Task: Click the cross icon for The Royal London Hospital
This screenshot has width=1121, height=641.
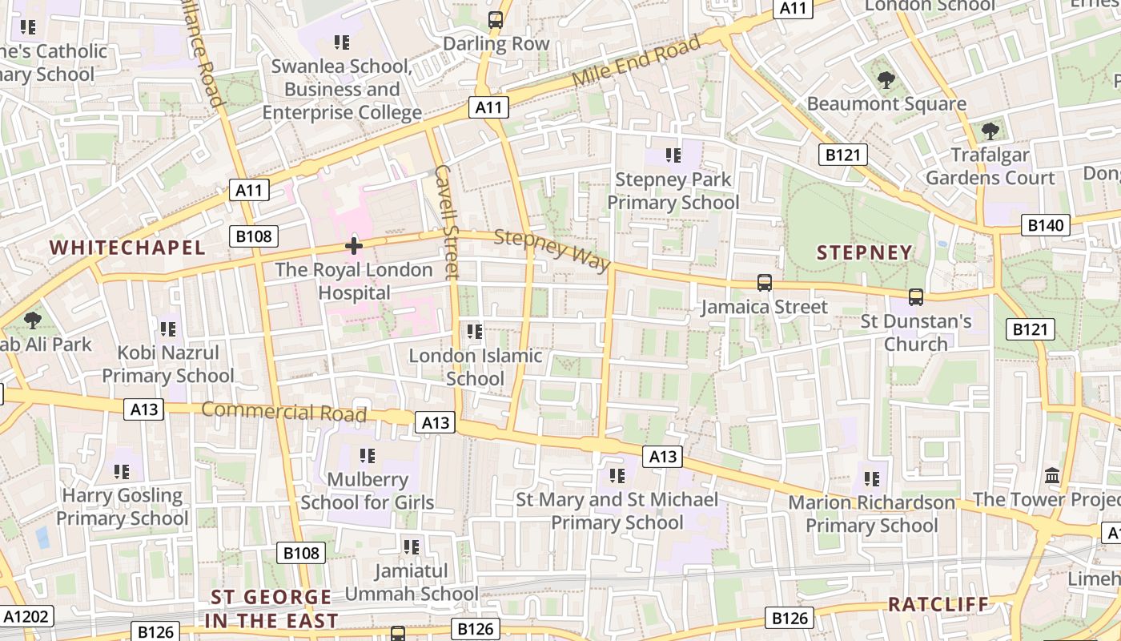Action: [x=353, y=245]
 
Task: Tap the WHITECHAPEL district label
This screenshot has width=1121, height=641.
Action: [x=128, y=248]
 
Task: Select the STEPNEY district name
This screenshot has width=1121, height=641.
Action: [x=864, y=253]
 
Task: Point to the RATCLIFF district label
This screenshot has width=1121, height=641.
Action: [x=938, y=604]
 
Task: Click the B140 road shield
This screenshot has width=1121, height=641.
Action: [x=1046, y=225]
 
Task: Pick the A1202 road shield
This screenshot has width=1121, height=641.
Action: [x=27, y=616]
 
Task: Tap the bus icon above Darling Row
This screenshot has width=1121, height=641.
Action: [x=496, y=20]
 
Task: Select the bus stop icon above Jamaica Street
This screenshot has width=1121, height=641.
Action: [x=765, y=283]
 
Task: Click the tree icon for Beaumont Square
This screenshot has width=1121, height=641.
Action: [x=886, y=79]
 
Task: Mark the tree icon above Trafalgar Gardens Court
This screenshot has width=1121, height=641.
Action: [x=990, y=131]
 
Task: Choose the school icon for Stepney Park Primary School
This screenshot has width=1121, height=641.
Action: [x=673, y=155]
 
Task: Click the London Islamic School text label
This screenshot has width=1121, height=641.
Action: [x=476, y=367]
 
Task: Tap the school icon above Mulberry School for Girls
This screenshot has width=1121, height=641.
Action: [x=368, y=456]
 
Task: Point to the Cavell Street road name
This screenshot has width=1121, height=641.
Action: [x=447, y=222]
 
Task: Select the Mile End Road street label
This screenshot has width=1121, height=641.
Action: [x=637, y=62]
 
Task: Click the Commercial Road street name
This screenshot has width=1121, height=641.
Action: [x=283, y=412]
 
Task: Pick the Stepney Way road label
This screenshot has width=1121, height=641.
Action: [x=552, y=250]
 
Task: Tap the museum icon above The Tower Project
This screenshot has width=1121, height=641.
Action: [x=1052, y=475]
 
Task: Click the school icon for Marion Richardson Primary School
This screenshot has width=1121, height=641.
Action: [x=871, y=479]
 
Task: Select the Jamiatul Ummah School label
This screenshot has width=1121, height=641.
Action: [x=412, y=583]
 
